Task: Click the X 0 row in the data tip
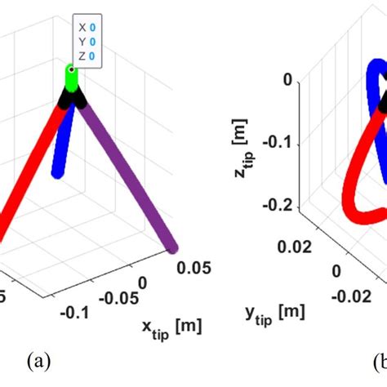87,26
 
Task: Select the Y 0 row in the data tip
87,41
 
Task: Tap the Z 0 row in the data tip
87,56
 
